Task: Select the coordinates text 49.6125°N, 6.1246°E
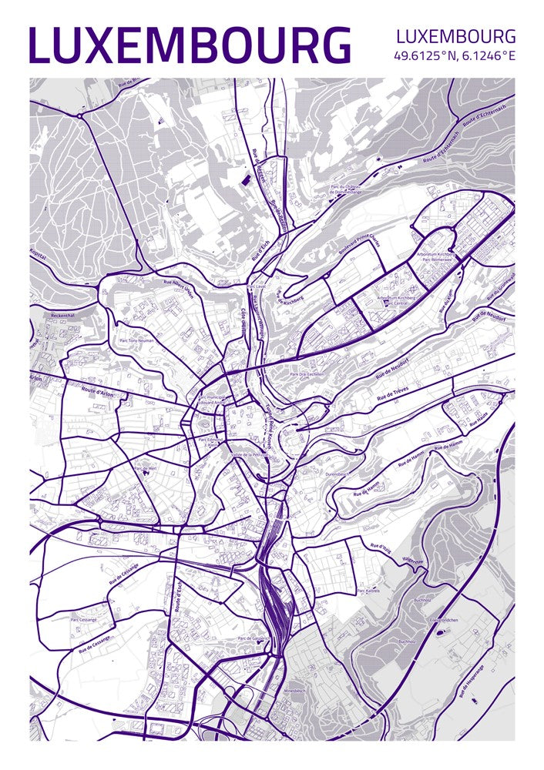tap(454, 56)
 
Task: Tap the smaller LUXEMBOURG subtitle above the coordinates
tap(455, 36)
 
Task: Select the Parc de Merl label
tap(145, 467)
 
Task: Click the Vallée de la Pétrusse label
tap(250, 454)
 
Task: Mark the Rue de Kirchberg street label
tap(290, 298)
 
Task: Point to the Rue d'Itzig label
tap(381, 548)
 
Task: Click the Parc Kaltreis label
tap(368, 591)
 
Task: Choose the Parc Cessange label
tap(84, 618)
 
